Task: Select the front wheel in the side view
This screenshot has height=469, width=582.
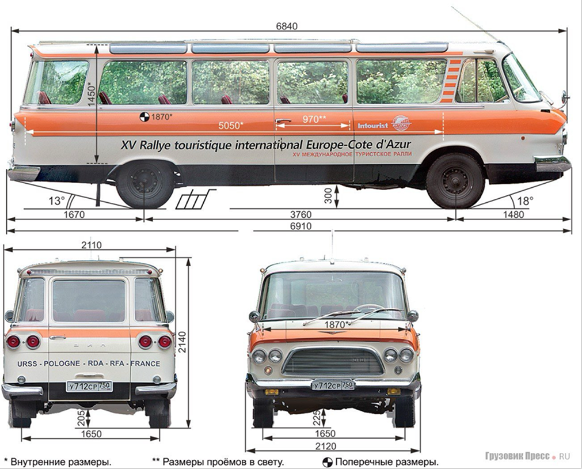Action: (455, 180)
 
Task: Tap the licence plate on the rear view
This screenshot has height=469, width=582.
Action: (89, 386)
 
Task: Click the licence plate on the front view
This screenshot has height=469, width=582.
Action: (333, 384)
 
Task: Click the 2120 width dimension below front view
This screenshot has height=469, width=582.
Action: (333, 446)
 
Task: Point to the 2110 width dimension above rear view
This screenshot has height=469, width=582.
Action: (91, 245)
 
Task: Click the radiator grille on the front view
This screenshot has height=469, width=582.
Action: (333, 361)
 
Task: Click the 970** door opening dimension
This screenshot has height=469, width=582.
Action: (314, 119)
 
